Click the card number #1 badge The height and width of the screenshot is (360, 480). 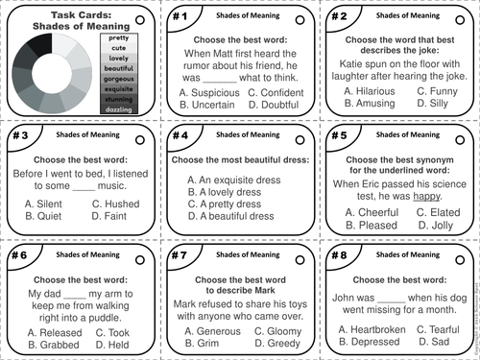coord(178,16)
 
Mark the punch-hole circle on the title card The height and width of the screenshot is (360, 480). coord(140,18)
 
